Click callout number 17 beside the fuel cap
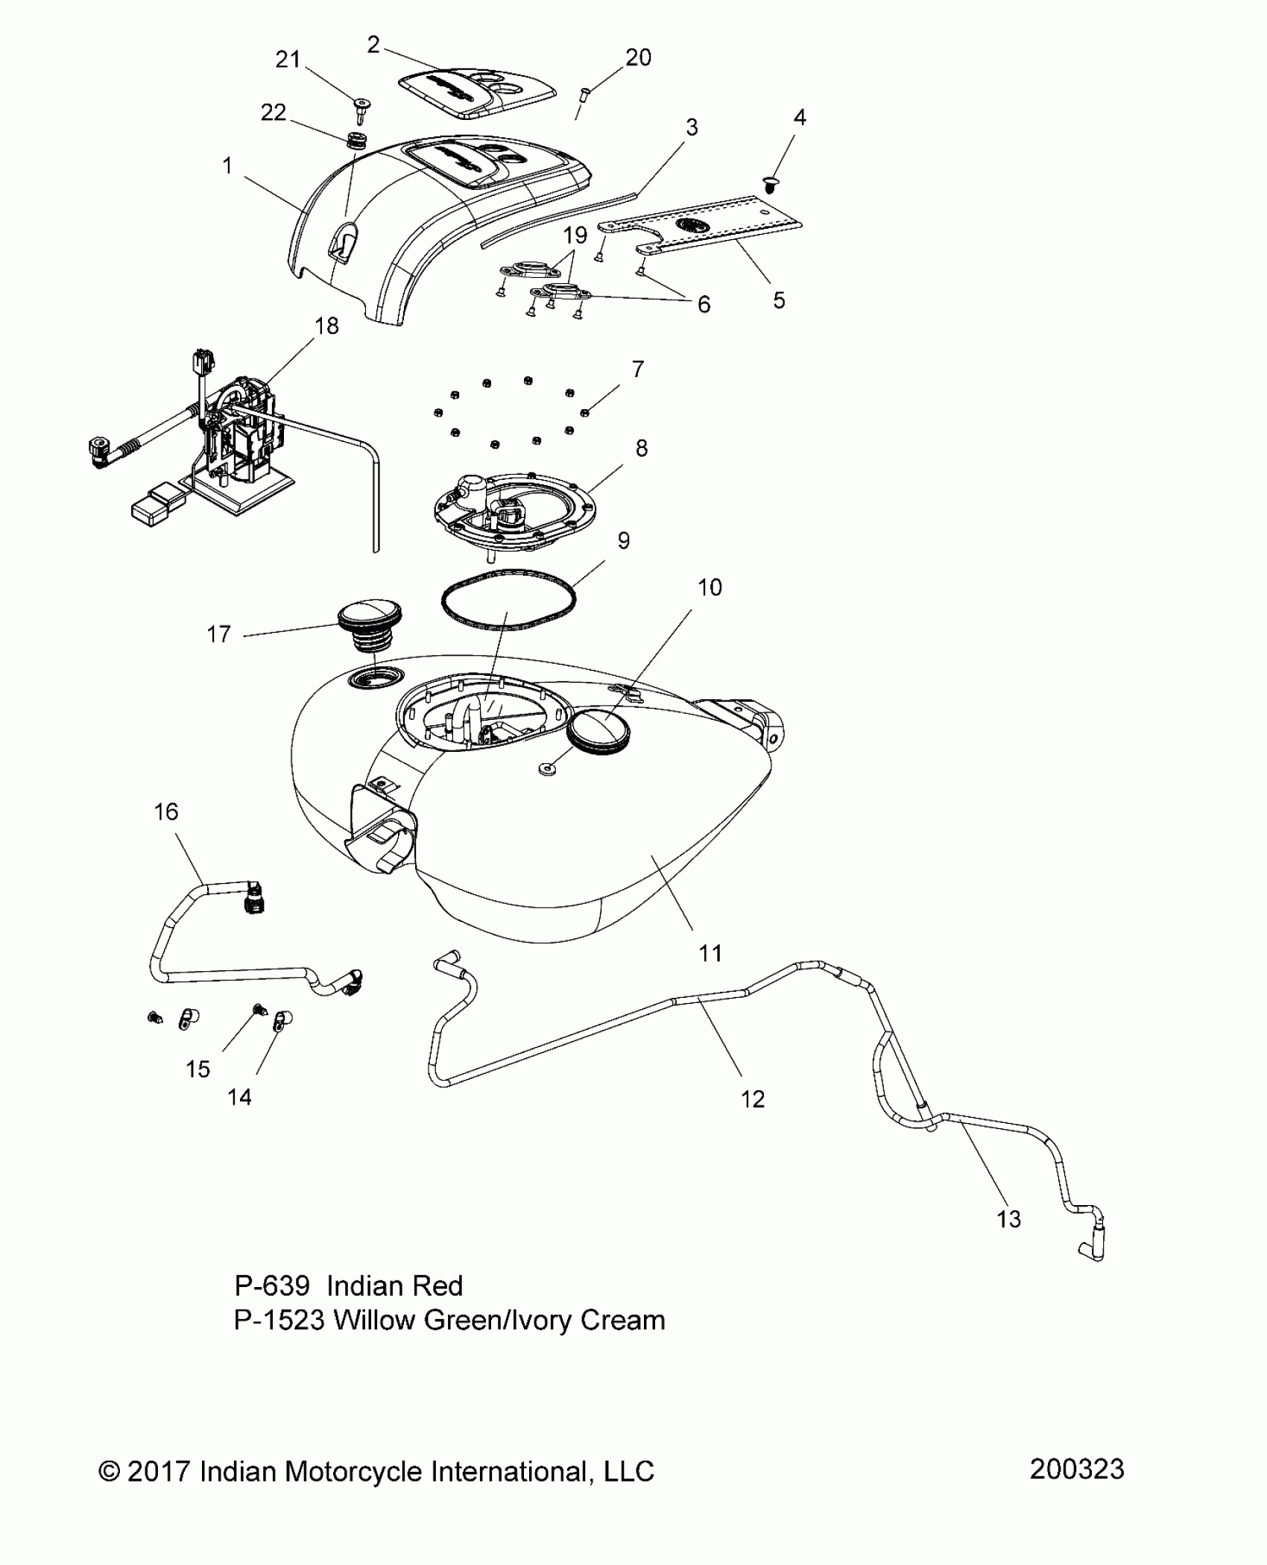point(219,634)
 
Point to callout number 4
point(800,117)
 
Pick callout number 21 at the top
point(288,60)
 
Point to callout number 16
point(166,812)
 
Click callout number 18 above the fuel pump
point(326,326)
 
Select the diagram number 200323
point(1077,1469)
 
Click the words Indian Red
point(395,1286)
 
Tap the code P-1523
point(279,1320)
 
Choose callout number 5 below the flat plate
point(779,300)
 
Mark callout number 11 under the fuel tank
point(710,952)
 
